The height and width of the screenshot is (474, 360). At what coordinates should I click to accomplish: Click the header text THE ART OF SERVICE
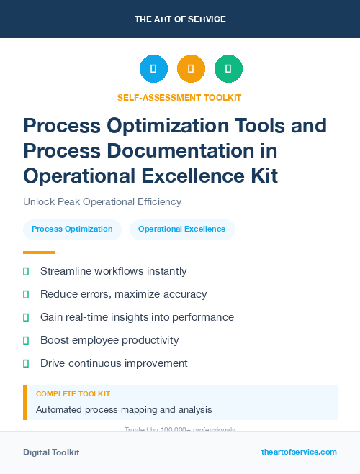[180, 19]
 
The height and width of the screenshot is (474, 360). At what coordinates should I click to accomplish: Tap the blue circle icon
[153, 69]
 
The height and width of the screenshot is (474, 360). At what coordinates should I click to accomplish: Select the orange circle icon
[191, 69]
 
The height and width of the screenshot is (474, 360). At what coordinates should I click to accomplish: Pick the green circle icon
[228, 69]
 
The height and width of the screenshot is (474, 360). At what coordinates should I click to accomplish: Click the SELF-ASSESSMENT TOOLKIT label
[179, 97]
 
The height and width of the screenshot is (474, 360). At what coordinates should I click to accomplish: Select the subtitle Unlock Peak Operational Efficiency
[102, 201]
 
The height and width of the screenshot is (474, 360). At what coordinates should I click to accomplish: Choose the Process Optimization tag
[72, 229]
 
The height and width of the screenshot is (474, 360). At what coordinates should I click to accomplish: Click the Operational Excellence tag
[182, 229]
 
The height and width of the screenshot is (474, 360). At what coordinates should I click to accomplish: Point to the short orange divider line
[39, 252]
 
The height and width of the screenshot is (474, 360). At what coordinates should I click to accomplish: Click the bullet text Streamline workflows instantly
[113, 271]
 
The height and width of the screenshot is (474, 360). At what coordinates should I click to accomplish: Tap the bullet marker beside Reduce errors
[26, 294]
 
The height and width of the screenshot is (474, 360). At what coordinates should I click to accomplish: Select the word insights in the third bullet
[128, 317]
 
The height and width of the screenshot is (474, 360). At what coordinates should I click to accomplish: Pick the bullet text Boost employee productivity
[109, 340]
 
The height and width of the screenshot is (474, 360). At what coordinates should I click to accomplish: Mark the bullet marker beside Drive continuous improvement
[26, 363]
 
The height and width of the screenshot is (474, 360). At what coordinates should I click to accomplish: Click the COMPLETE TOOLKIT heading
[73, 394]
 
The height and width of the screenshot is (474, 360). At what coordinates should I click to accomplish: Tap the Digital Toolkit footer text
[51, 452]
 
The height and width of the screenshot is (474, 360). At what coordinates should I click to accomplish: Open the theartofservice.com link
[299, 452]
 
